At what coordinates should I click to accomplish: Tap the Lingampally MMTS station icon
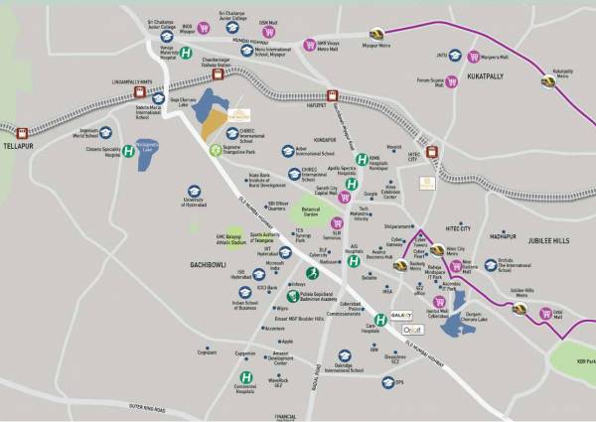click(x=140, y=92)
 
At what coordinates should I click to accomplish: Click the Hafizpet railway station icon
click(x=333, y=97)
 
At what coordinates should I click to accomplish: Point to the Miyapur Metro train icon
click(x=377, y=35)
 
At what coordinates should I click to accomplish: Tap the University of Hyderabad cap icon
click(x=195, y=191)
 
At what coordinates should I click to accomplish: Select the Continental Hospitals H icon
click(x=245, y=377)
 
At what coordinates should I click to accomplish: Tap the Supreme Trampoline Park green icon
click(x=215, y=150)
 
